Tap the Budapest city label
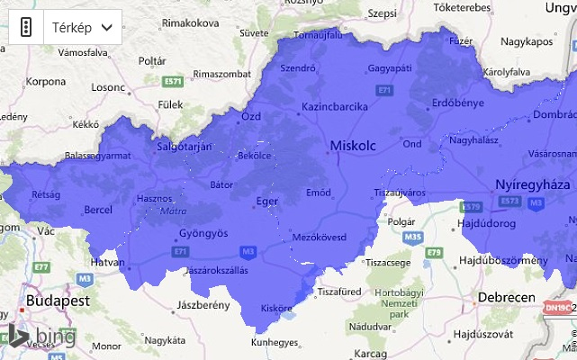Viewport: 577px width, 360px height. click(x=58, y=301)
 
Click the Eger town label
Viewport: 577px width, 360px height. click(x=267, y=202)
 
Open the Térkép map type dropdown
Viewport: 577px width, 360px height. click(x=82, y=27)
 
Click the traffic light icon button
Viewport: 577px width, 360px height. click(x=26, y=27)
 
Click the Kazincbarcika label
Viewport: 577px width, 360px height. click(x=334, y=106)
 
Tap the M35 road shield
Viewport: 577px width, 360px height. click(x=412, y=237)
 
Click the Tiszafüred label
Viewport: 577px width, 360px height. click(x=340, y=290)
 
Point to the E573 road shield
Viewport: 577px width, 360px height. click(x=509, y=200)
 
